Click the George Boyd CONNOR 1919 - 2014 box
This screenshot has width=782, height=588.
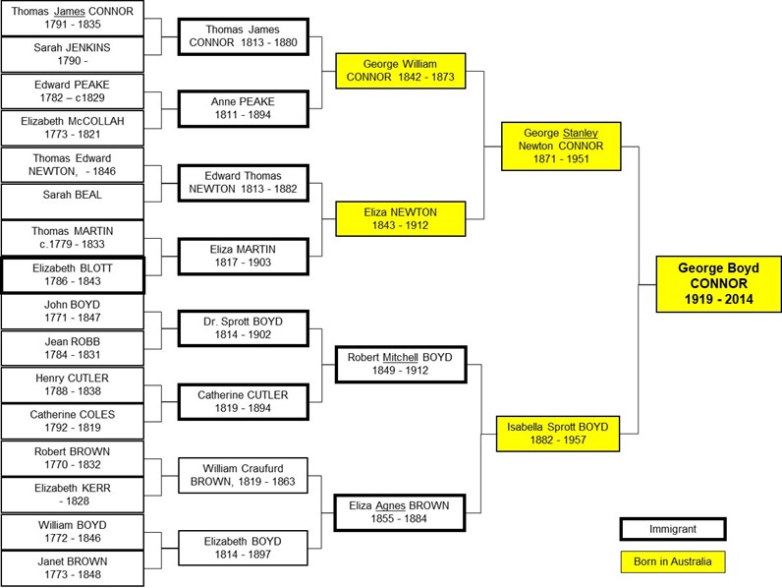tap(718, 285)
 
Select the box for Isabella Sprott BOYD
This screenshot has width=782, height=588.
tap(558, 434)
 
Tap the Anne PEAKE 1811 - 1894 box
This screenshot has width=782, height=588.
tap(243, 108)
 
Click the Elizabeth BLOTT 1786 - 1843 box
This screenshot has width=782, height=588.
tap(72, 274)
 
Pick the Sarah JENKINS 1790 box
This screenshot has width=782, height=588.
tap(72, 53)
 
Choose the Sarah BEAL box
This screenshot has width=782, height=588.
tap(72, 201)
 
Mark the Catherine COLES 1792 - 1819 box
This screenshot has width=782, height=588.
tap(72, 422)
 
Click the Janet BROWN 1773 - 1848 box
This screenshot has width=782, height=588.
tap(72, 569)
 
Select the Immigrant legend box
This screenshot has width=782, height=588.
tap(672, 529)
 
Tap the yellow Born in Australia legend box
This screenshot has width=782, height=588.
tap(672, 562)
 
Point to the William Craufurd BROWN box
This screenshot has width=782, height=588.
tap(243, 476)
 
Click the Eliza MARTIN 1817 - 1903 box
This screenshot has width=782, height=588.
tap(243, 256)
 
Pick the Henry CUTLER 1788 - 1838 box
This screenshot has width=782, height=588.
tap(72, 385)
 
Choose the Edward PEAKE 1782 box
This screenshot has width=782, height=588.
tap(72, 91)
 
